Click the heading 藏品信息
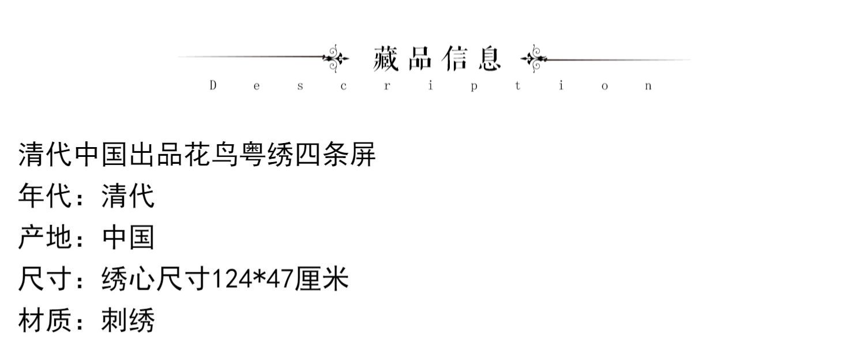(437, 58)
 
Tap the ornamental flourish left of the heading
(336, 58)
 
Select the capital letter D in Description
(213, 86)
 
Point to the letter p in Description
(473, 87)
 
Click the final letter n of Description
(649, 87)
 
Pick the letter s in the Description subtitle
(300, 87)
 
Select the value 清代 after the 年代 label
(128, 196)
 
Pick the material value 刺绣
(128, 321)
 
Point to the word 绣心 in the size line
(128, 280)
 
